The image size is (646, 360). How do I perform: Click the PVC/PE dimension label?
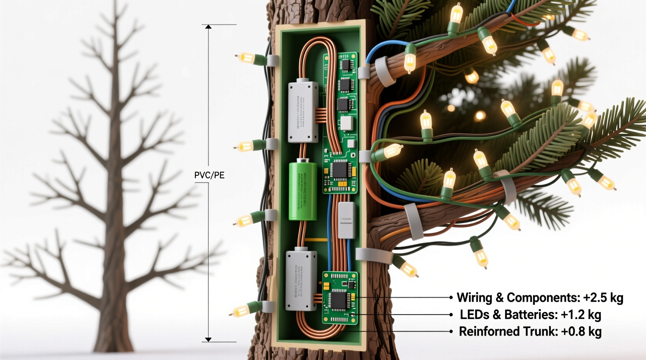coord(209,175)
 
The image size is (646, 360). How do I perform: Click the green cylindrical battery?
coord(303,191)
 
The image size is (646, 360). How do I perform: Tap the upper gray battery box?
coord(303,112)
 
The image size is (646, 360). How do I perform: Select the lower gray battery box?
coord(301,280)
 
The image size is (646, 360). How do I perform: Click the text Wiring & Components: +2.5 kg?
coord(540,298)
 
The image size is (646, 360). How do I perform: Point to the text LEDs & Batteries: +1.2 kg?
coord(530,315)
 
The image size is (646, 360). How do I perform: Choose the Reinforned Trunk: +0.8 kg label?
coord(530,332)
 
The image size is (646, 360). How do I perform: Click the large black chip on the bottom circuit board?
coord(337,300)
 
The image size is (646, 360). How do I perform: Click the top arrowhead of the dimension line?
coord(208,27)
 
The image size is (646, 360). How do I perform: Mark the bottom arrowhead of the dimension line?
coord(208,339)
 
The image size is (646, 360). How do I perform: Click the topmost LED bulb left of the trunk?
coord(246,58)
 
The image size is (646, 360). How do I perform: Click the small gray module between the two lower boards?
coord(346,220)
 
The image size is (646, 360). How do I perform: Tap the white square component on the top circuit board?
coord(346,123)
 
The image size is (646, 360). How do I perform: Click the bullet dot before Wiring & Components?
coord(451,298)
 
